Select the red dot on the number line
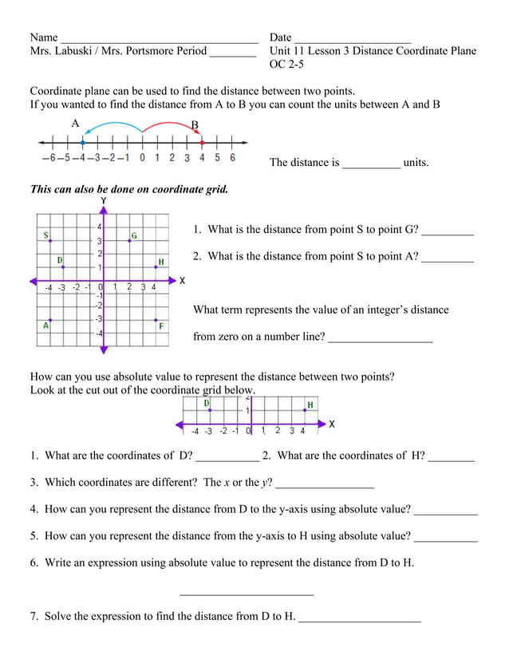pyautogui.click(x=202, y=143)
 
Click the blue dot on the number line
pyautogui.click(x=83, y=143)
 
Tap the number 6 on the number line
pyautogui.click(x=232, y=158)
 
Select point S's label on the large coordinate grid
pyautogui.click(x=46, y=235)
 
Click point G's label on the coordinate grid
pyautogui.click(x=134, y=235)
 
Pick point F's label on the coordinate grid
pyautogui.click(x=161, y=326)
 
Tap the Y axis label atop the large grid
pyautogui.click(x=103, y=201)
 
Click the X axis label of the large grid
pyautogui.click(x=182, y=281)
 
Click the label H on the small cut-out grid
pyautogui.click(x=310, y=404)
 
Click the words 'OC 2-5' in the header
pyautogui.click(x=286, y=65)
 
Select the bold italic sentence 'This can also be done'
pyautogui.click(x=128, y=190)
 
